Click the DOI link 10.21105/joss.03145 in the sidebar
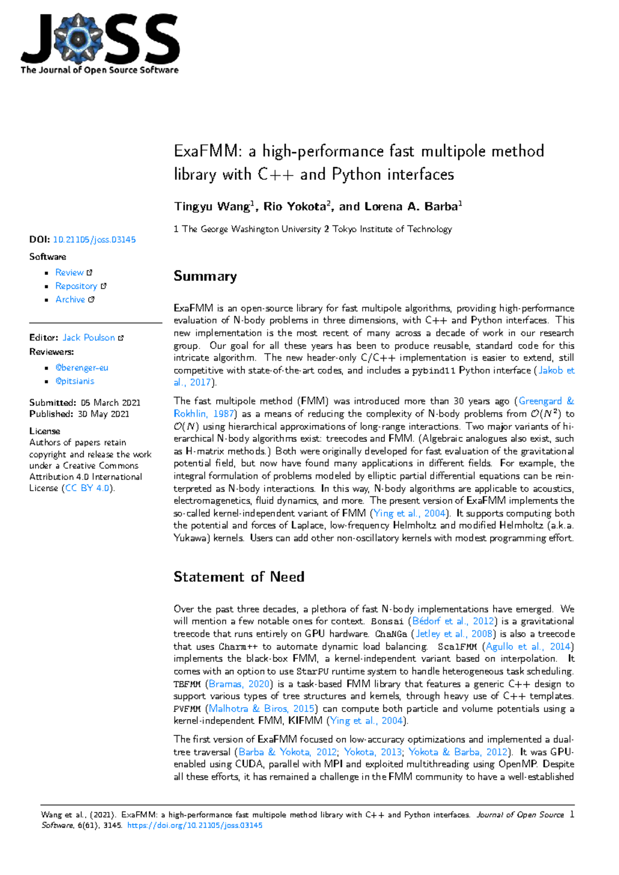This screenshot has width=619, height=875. coord(94,239)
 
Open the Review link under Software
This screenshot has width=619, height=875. coord(70,272)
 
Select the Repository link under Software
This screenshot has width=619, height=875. coord(76,286)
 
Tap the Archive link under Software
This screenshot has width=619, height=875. coord(70,299)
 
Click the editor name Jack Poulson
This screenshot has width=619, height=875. coord(89,337)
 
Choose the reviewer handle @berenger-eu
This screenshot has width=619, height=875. coord(82,367)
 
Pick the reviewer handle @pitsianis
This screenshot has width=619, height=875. coord(75,381)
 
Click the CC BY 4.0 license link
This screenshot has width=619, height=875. coord(87,488)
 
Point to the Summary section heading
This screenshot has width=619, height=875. coord(205,276)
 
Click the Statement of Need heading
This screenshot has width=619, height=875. coord(238,576)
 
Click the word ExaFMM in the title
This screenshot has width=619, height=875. coord(207,151)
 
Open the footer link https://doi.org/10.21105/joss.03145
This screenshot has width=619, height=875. coord(194,825)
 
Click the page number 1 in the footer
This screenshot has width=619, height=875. coord(571,815)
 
